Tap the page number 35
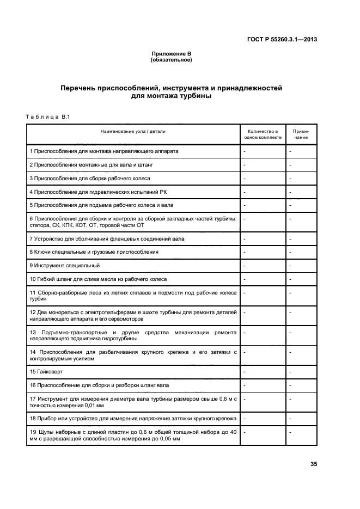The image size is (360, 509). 313,464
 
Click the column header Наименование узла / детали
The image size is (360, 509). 132,131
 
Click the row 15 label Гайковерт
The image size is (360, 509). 46,371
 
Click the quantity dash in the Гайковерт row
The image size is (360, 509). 245,371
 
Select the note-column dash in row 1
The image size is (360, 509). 291,151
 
